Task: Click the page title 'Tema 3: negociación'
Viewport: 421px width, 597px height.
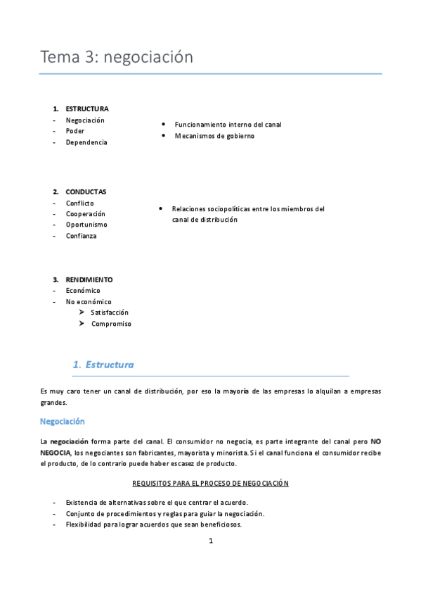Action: click(116, 57)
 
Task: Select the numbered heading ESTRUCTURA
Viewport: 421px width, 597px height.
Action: click(86, 109)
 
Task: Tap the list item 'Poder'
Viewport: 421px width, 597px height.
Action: click(75, 131)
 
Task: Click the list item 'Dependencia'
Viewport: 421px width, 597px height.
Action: click(86, 142)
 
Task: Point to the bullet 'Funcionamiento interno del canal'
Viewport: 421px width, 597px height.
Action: click(228, 125)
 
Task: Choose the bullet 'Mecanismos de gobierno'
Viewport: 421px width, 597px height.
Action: click(214, 136)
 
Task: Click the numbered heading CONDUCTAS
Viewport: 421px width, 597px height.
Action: click(86, 192)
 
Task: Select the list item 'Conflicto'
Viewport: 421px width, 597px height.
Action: click(79, 203)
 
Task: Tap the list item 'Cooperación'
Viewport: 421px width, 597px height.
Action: click(85, 214)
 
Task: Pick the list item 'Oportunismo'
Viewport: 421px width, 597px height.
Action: click(86, 225)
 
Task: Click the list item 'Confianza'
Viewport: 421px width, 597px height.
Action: click(81, 236)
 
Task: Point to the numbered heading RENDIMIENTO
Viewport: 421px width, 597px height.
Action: click(89, 279)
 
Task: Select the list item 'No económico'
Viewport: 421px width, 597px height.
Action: click(89, 302)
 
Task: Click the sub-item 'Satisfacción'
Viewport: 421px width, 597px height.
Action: click(110, 313)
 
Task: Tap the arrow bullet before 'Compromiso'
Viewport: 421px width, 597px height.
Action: click(82, 324)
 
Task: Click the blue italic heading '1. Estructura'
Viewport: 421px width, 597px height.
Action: click(103, 365)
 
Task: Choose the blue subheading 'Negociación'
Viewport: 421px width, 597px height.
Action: click(63, 422)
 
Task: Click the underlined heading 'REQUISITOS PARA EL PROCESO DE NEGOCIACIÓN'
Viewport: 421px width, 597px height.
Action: click(210, 484)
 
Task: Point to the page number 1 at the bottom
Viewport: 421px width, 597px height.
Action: click(210, 541)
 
